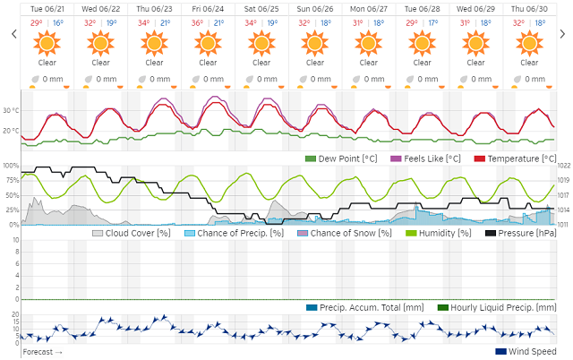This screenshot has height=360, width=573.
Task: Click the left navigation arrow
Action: point(13,35)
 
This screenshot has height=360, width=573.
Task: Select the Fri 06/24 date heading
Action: point(208,9)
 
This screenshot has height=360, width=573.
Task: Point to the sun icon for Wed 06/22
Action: point(100,42)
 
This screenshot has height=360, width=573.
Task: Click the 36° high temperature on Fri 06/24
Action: point(197,23)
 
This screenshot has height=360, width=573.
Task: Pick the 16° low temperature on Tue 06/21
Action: point(58,23)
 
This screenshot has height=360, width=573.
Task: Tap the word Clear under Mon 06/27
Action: point(369,63)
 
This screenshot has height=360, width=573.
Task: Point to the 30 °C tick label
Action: point(11,111)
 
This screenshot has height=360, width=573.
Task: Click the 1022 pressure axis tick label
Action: point(564,167)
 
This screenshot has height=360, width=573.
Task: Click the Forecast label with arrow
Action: point(43,352)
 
